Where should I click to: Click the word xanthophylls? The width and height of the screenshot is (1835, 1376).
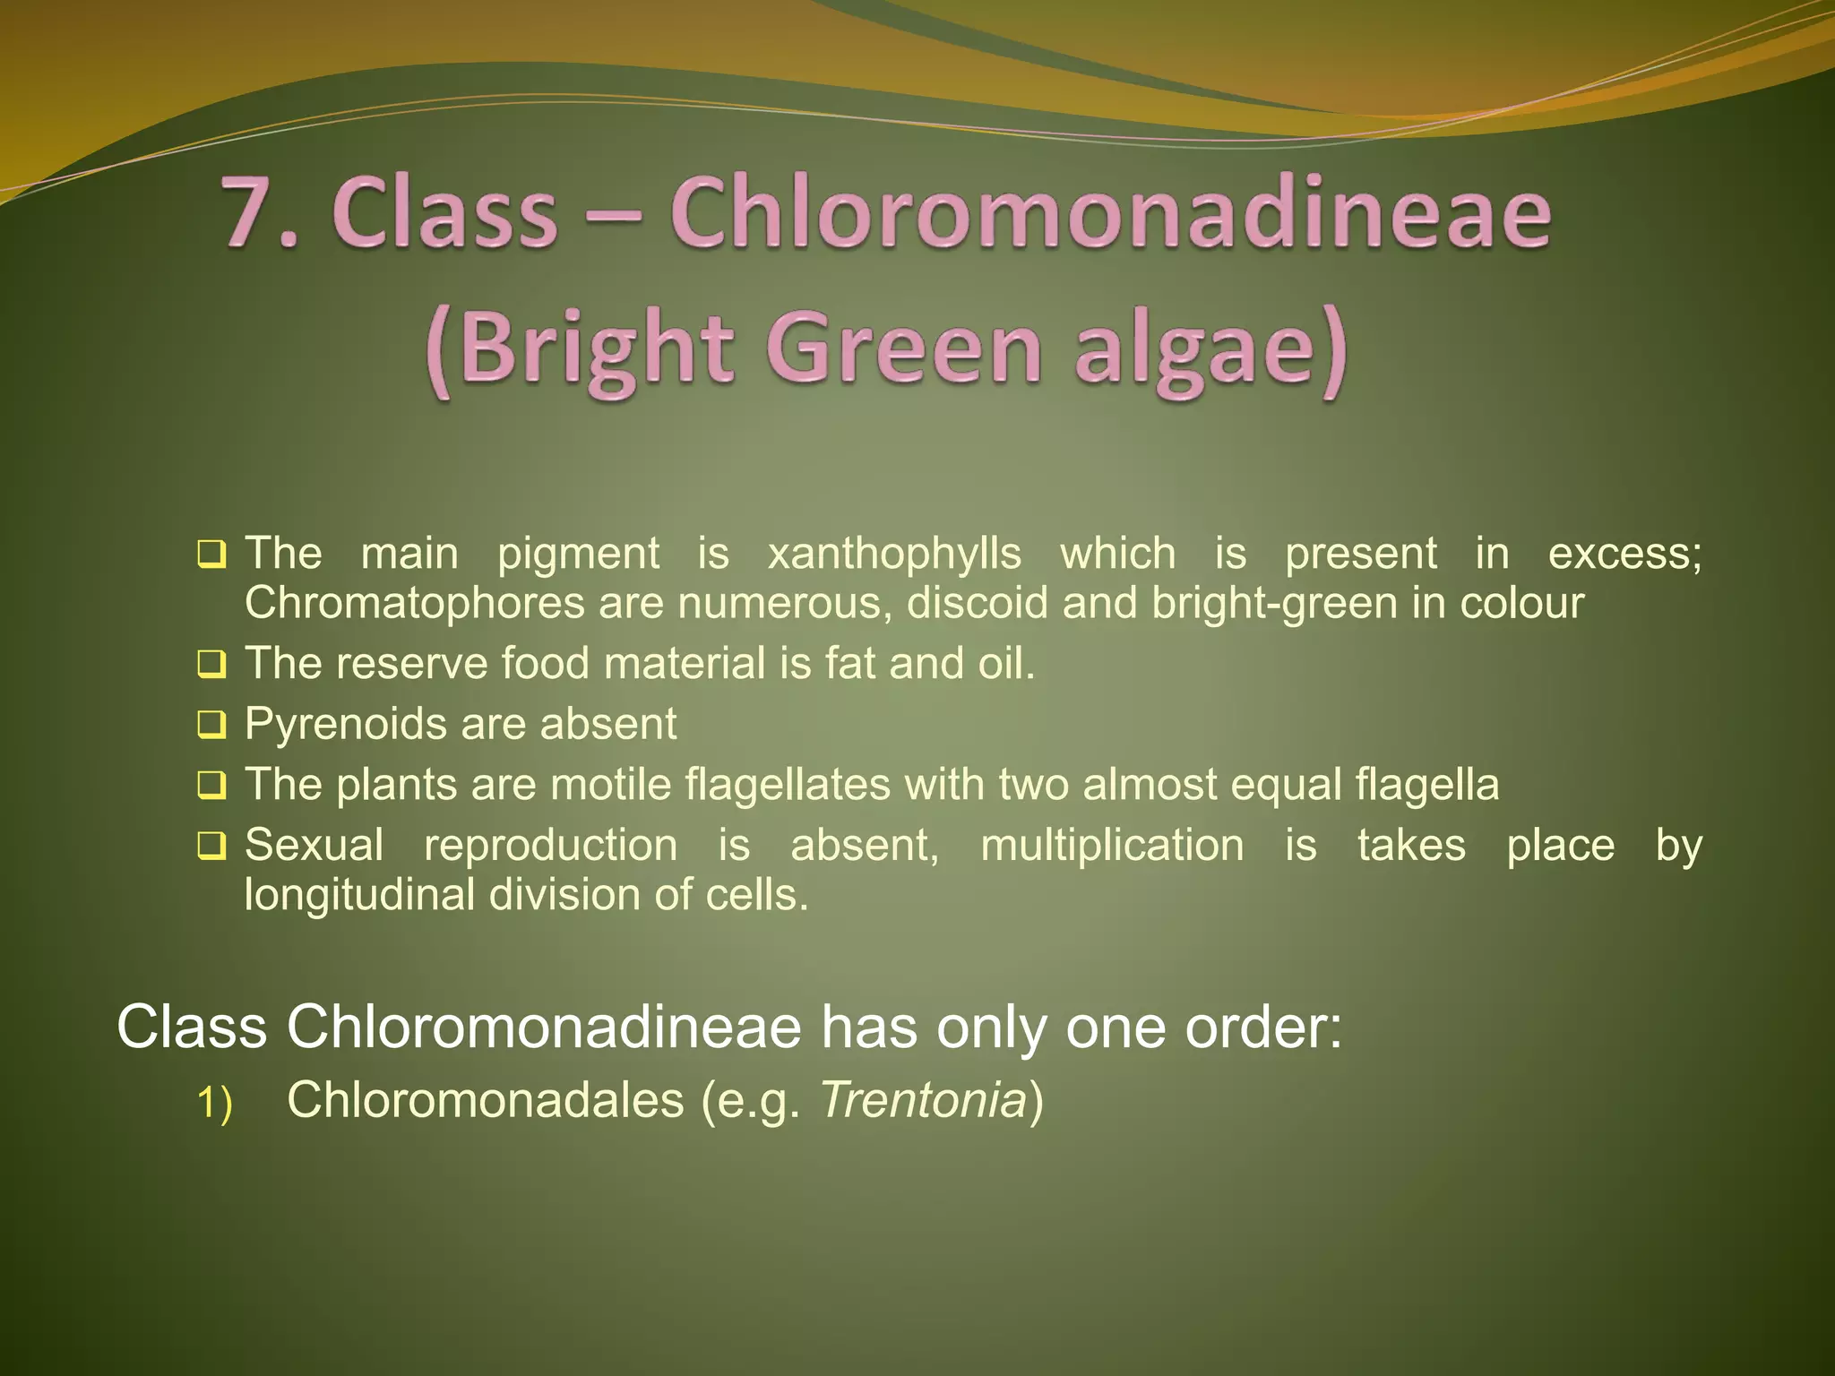(894, 554)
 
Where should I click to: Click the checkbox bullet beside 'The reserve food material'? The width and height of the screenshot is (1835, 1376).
(211, 665)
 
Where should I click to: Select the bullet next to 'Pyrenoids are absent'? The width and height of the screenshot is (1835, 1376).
(211, 725)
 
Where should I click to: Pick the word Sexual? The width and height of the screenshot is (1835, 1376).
(314, 845)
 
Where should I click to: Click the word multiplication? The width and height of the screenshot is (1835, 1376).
(1112, 845)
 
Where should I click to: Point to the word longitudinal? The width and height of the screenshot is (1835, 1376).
(359, 894)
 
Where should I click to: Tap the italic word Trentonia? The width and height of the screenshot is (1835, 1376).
(923, 1100)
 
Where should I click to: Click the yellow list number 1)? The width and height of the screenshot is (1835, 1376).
(214, 1103)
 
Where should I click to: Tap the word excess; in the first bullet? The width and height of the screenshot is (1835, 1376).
(1624, 554)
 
